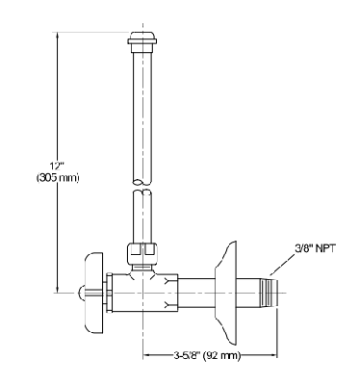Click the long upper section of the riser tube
[143, 115]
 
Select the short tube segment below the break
[143, 217]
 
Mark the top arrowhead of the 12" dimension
[58, 36]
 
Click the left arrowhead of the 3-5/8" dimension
[147, 356]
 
